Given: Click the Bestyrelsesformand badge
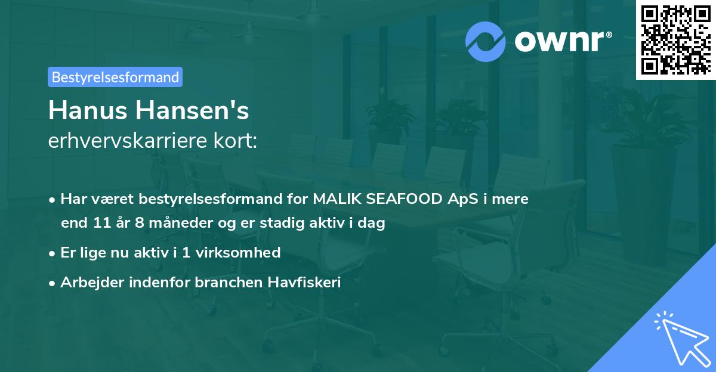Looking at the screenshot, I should [x=115, y=77].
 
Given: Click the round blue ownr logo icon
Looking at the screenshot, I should [x=486, y=41].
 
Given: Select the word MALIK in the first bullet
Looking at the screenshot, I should [x=335, y=199].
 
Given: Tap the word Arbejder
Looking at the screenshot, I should [x=88, y=283].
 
